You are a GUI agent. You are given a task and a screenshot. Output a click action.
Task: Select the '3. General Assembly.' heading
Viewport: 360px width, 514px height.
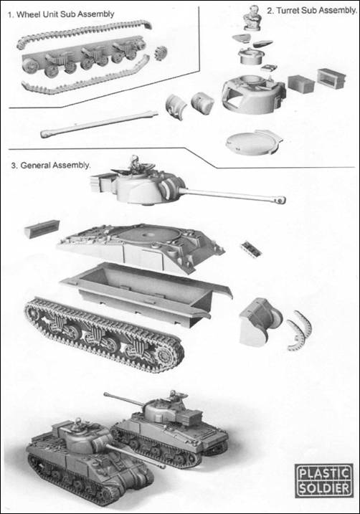pos(51,165)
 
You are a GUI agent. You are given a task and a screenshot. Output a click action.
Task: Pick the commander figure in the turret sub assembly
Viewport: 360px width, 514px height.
pos(252,15)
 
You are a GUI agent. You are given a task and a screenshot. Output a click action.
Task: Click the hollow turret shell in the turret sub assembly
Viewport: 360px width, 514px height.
pos(250,93)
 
